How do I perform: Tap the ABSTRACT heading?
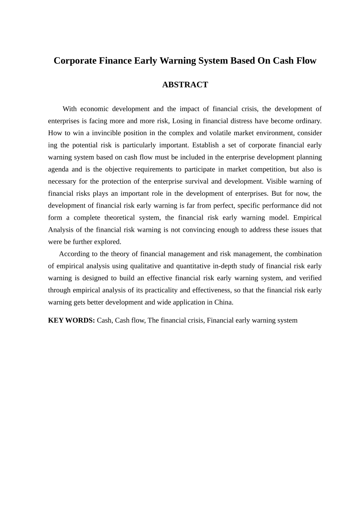coord(185,85)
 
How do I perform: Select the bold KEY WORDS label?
coord(71,320)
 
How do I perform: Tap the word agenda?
coord(58,169)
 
